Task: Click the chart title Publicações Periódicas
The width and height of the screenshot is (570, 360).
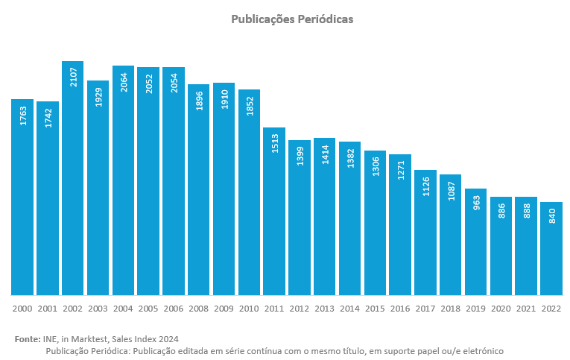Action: click(292, 19)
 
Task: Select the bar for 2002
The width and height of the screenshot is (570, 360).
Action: click(72, 179)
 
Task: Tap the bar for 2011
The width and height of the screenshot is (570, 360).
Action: click(274, 212)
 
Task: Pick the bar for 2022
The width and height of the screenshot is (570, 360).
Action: click(551, 249)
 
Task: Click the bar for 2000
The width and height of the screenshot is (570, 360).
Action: click(22, 198)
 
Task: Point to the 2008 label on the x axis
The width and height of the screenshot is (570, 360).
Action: click(199, 308)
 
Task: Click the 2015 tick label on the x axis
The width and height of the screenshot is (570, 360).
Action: click(375, 308)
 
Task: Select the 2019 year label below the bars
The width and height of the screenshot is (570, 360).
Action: click(475, 308)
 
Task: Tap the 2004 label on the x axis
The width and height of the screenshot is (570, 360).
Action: click(123, 308)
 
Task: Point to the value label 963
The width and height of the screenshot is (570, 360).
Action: click(476, 203)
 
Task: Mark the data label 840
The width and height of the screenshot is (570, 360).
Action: click(551, 217)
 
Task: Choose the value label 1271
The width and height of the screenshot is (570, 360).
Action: click(400, 168)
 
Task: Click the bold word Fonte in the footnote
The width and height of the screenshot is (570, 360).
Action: click(27, 339)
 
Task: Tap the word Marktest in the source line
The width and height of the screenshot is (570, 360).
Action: click(89, 339)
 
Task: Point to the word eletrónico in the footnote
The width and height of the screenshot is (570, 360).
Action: click(479, 350)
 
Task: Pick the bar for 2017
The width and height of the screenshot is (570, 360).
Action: click(425, 233)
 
